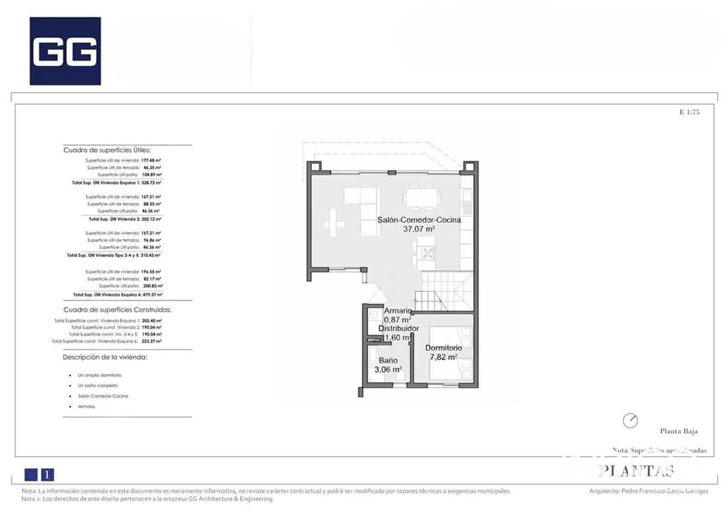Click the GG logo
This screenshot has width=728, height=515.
tap(65, 51)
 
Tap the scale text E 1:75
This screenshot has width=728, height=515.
tap(689, 112)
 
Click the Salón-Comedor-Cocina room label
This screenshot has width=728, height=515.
tap(419, 220)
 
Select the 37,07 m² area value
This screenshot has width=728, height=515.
tap(419, 229)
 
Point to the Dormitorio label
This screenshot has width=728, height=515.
tap(443, 348)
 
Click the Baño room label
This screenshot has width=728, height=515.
tap(388, 360)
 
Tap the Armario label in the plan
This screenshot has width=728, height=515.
tap(398, 311)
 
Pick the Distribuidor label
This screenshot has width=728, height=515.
tap(399, 328)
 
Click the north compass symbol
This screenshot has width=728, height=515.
tap(630, 420)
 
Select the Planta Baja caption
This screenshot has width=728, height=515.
tap(678, 431)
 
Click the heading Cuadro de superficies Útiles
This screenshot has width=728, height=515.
tap(107, 150)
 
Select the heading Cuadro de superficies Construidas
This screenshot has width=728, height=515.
tap(117, 310)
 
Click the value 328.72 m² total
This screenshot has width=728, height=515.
tap(152, 182)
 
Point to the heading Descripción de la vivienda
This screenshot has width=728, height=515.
tap(105, 357)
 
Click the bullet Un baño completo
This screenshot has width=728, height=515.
tap(98, 385)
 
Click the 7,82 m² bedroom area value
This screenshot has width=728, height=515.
tap(443, 357)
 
